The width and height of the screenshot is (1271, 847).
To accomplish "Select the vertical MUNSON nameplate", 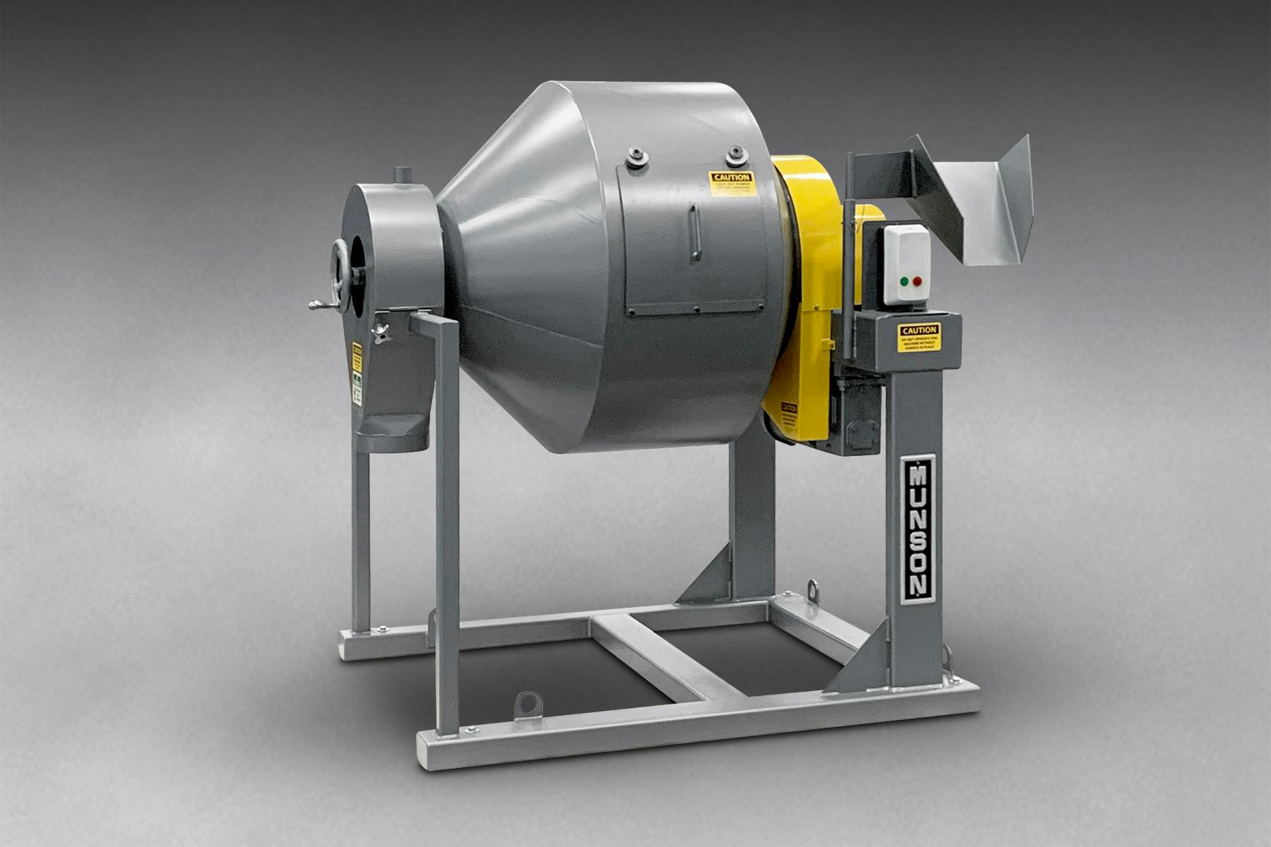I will coord(919,529).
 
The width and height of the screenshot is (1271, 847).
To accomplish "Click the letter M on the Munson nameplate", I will coord(919,475).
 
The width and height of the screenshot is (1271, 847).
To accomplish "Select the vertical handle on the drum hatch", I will coord(696,233).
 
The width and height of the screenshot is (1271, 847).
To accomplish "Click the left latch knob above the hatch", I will coord(638,156).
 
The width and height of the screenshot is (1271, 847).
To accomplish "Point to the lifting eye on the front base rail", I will coord(526,704).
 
